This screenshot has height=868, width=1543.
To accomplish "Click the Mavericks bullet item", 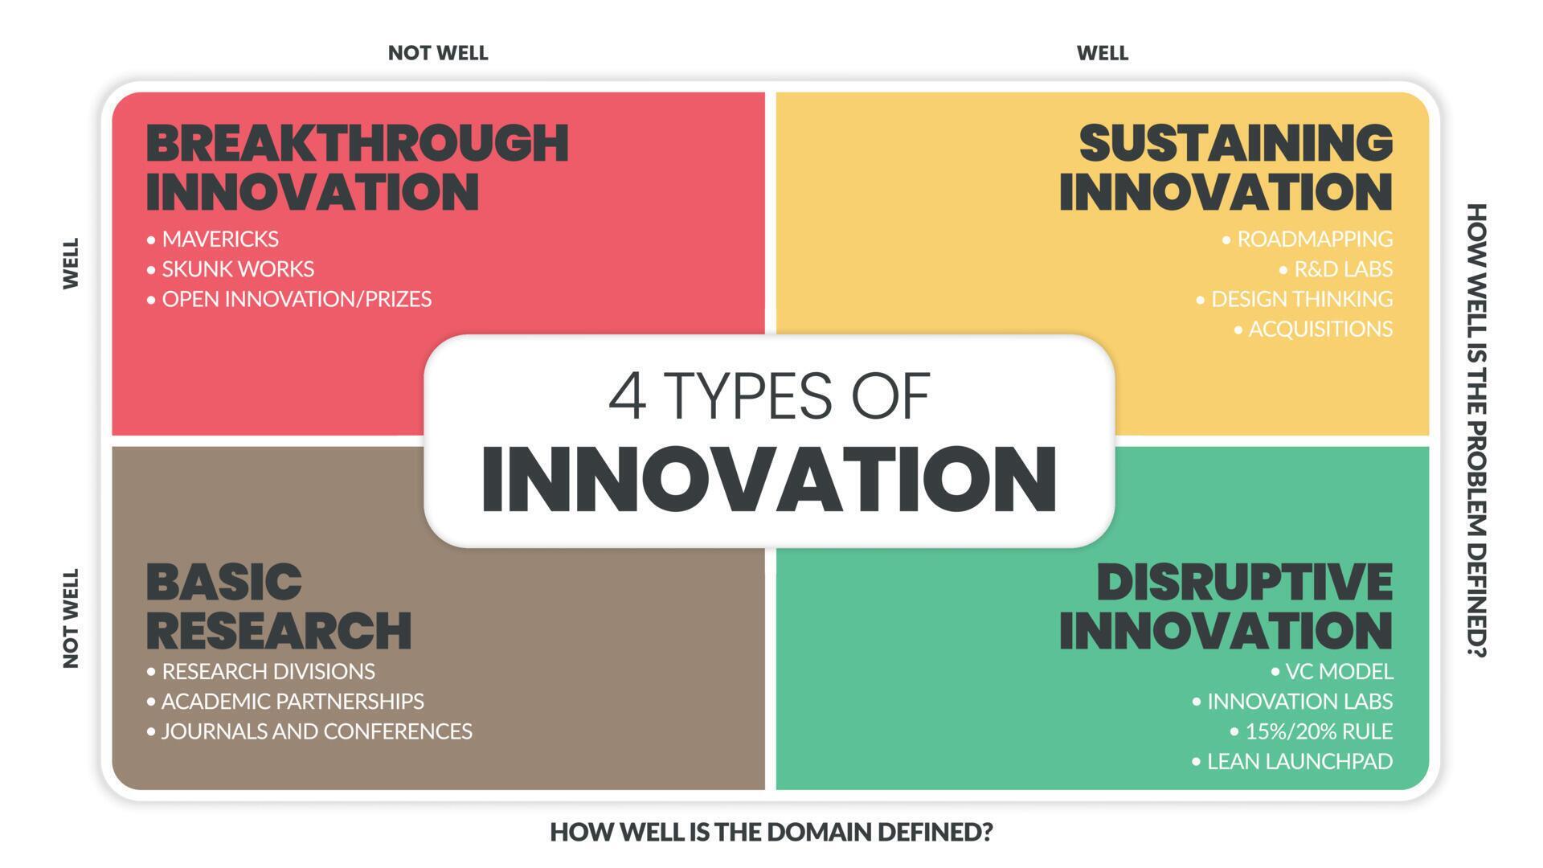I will coord(219,239).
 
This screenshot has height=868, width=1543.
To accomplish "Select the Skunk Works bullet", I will coord(237,268).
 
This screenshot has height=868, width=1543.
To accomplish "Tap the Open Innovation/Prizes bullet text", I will coord(296,299).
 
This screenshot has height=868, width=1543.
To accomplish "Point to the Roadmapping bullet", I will coord(1314,239).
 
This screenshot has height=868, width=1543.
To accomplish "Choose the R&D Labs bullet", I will coord(1342,268).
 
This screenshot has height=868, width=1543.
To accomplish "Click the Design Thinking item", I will coord(1301,299).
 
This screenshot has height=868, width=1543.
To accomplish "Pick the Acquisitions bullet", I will coord(1320,329).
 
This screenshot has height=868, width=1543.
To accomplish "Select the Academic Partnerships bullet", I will coord(292,702).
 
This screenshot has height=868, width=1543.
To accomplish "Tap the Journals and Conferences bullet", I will coord(316,731).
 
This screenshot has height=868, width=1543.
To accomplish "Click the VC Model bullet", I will coord(1338,671).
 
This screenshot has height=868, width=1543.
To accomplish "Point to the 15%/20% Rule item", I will coord(1318,731).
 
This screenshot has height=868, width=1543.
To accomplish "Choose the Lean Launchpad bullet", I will coord(1299,761).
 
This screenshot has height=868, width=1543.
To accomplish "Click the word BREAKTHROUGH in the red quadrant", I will coord(357,143).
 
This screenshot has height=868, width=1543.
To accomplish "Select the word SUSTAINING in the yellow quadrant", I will coord(1235,143).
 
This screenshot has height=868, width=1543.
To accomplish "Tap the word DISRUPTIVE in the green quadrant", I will coord(1244,582).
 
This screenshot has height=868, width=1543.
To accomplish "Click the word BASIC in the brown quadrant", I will coord(223,582).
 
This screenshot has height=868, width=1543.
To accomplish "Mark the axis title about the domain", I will coord(771,833).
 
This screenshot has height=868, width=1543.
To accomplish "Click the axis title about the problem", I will coord(1476,430).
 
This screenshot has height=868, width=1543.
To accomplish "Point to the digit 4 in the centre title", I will coord(627,396).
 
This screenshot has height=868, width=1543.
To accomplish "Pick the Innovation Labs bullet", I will coord(1299,702).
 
